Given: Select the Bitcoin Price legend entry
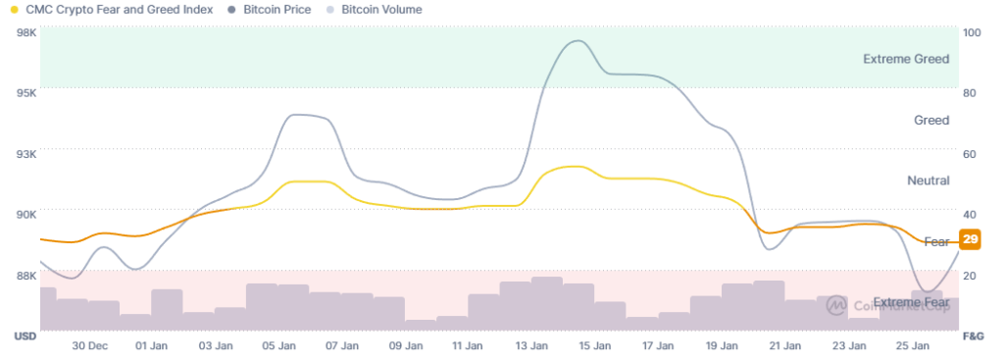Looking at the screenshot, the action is click(x=269, y=10).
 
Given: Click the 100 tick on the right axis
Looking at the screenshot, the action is click(x=972, y=32).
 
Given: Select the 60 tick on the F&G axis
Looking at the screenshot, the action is click(x=969, y=154).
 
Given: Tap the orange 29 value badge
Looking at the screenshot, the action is click(x=970, y=239).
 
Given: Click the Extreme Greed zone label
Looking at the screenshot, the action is click(x=906, y=59).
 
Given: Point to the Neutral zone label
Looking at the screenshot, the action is click(x=929, y=180).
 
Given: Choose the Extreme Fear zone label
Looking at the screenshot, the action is click(x=911, y=302).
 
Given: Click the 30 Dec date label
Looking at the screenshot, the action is click(x=89, y=346).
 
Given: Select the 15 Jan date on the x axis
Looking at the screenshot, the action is click(x=595, y=346).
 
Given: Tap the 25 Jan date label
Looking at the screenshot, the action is click(x=913, y=346).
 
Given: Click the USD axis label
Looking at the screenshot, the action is click(x=25, y=336).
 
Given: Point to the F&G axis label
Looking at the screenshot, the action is click(x=974, y=336).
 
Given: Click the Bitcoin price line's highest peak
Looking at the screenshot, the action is click(x=577, y=41).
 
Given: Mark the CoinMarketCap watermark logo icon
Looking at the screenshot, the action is click(x=835, y=305).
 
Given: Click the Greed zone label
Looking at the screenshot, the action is click(x=931, y=121).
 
